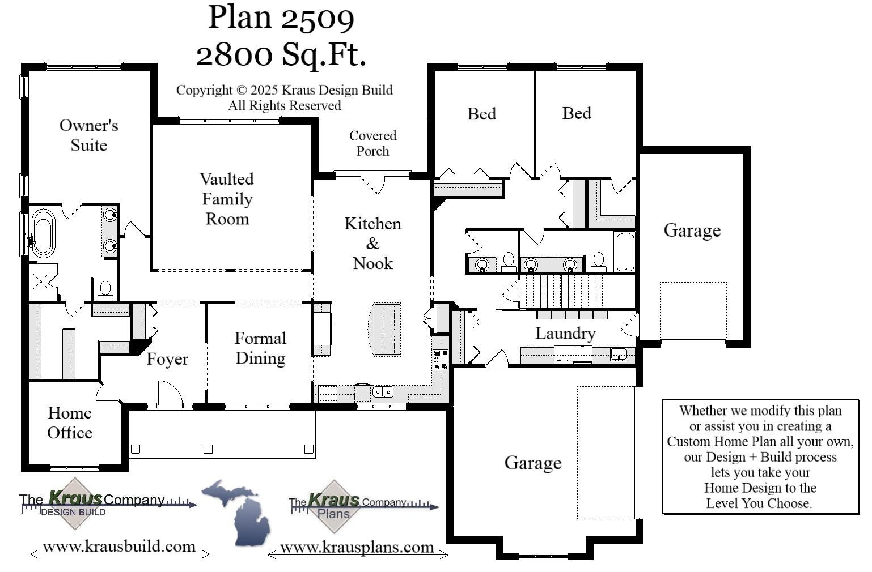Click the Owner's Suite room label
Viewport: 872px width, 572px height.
(88, 135)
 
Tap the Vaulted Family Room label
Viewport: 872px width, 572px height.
(227, 199)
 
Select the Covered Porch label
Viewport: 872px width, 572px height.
(372, 143)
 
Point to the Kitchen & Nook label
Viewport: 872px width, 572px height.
(372, 244)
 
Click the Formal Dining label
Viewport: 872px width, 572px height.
(260, 348)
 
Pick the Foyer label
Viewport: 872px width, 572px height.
(167, 359)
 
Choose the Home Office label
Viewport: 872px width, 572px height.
(70, 422)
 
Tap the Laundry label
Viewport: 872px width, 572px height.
(565, 334)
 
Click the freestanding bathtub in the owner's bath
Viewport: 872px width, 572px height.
(43, 233)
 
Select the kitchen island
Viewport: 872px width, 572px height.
(386, 329)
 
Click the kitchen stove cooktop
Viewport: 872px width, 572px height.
(441, 360)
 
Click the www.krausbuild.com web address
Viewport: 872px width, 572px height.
(119, 547)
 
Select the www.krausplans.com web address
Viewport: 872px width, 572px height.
(357, 548)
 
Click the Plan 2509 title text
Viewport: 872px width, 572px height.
(281, 17)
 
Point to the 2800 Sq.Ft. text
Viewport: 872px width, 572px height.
(281, 55)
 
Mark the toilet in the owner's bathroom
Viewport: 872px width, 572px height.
(105, 290)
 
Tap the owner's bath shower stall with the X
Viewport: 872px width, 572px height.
(42, 281)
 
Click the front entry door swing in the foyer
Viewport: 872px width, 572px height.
(170, 395)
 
